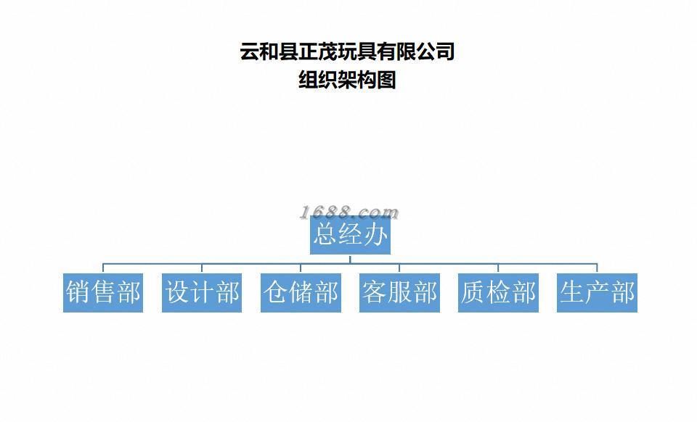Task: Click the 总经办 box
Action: click(350, 235)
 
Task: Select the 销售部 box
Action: click(103, 293)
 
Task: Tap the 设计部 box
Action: click(202, 293)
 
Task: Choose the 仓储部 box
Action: click(301, 293)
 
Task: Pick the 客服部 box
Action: click(399, 293)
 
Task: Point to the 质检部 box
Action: click(498, 293)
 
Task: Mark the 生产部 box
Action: click(597, 293)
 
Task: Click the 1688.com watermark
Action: click(349, 212)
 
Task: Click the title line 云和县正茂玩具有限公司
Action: click(347, 52)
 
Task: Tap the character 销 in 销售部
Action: click(78, 293)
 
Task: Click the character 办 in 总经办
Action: click(375, 235)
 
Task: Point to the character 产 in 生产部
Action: click(598, 293)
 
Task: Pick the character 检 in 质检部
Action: click(499, 293)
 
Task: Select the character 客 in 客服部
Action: click(375, 293)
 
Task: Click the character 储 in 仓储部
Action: click(301, 293)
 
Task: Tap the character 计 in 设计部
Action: click(203, 293)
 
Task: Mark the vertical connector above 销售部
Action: click(103, 268)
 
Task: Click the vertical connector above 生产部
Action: click(597, 268)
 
